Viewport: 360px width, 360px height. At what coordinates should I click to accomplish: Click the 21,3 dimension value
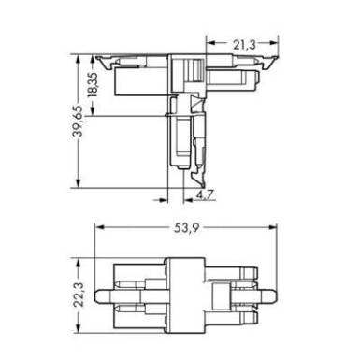tap(244, 45)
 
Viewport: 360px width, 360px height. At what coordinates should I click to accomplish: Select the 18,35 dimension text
tap(93, 85)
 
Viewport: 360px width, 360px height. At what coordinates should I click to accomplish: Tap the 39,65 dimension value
tap(78, 122)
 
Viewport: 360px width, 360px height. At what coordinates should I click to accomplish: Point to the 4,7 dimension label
tap(205, 195)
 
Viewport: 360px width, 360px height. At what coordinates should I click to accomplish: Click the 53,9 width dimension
tap(186, 228)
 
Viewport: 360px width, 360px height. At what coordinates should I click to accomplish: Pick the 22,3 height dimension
tap(79, 295)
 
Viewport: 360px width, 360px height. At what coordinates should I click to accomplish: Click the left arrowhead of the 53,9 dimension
tap(99, 227)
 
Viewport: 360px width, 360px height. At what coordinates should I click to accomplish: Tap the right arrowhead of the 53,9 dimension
tap(273, 227)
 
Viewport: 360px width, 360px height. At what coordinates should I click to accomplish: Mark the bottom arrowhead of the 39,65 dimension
tap(78, 183)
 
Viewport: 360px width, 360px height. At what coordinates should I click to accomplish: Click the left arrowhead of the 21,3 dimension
tap(210, 43)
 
